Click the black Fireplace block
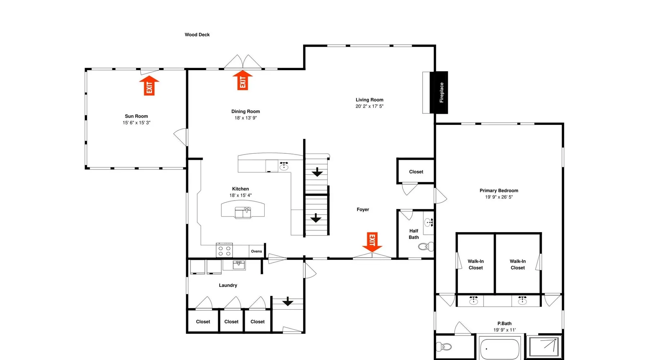pos(439,93)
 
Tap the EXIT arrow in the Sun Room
pos(149,86)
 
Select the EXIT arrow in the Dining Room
pos(243,80)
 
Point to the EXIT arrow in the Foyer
pos(372,242)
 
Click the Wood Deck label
pos(197,35)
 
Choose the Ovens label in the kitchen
pos(256,251)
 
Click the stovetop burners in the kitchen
pos(224,251)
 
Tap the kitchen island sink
pos(243,212)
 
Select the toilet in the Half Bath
pos(426,247)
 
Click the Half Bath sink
pos(429,222)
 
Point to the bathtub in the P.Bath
pos(500,349)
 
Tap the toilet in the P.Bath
pos(444,347)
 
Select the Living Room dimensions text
pos(369,106)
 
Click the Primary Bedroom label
pos(499,190)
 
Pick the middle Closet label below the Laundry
pos(231,321)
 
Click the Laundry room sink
pos(239,265)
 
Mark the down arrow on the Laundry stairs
pos(288,301)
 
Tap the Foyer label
pos(363,210)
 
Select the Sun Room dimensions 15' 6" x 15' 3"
pos(136,123)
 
